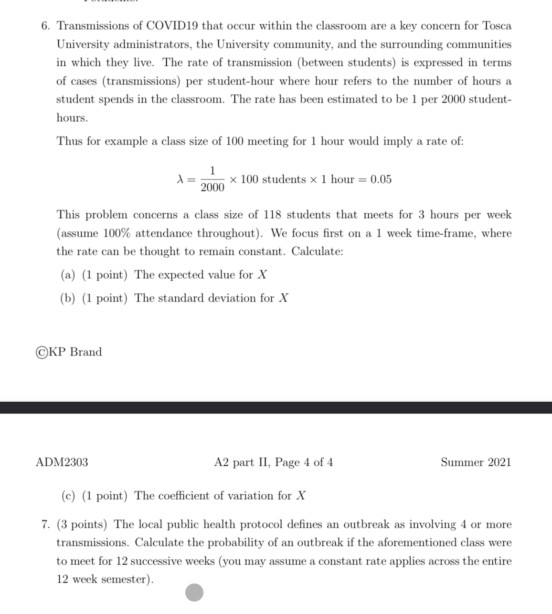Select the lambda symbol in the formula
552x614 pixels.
pyautogui.click(x=180, y=179)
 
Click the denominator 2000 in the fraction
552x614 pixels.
pyautogui.click(x=212, y=187)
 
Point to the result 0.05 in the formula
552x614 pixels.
pyautogui.click(x=381, y=179)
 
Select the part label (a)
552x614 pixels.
pyautogui.click(x=68, y=275)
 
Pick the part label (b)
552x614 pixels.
pyautogui.click(x=68, y=298)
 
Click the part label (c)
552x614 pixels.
pyautogui.click(x=68, y=496)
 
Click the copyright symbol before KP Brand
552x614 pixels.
pyautogui.click(x=42, y=352)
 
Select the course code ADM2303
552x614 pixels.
pyautogui.click(x=62, y=462)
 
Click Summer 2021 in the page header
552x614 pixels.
pyautogui.click(x=476, y=462)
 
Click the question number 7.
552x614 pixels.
pyautogui.click(x=45, y=525)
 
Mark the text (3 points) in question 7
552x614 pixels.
pyautogui.click(x=82, y=525)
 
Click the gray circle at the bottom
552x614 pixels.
pyautogui.click(x=194, y=593)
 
